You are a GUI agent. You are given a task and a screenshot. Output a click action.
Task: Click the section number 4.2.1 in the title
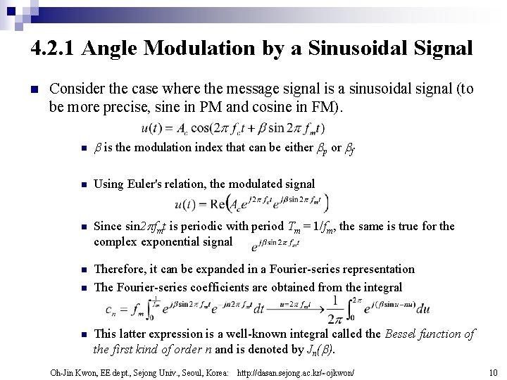(54, 49)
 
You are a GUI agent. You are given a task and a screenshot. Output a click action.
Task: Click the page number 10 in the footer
(492, 371)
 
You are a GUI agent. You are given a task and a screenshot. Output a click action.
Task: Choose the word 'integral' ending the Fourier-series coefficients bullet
(380, 286)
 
